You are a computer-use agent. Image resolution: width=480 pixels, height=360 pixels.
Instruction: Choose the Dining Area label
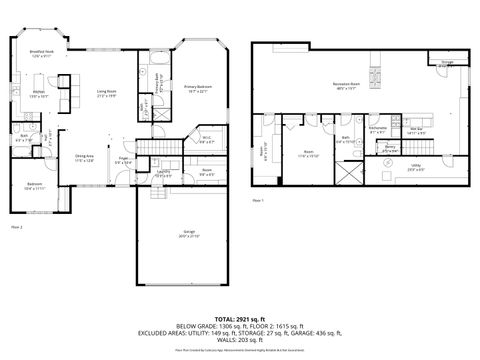(86, 158)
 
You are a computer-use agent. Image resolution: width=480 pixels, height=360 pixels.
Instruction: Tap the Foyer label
(125, 160)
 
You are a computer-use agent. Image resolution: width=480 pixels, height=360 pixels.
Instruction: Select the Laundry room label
(162, 175)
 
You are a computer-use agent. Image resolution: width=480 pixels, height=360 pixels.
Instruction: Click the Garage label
(189, 236)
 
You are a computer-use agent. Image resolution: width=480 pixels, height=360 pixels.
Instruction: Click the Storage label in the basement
(447, 62)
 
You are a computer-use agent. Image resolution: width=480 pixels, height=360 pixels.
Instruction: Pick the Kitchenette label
(378, 130)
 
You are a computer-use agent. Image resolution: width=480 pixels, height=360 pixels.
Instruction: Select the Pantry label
(390, 149)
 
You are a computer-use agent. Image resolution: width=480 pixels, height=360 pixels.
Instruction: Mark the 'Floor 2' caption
(16, 228)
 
